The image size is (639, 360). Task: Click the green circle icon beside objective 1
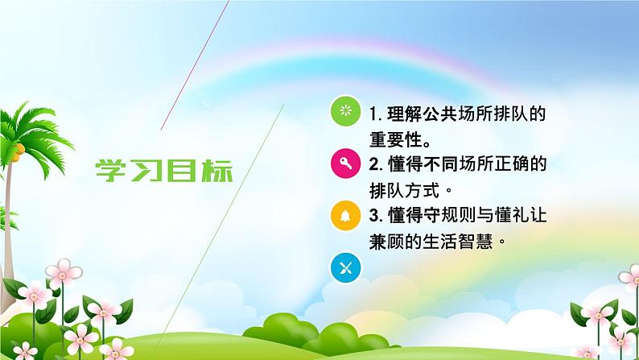346,111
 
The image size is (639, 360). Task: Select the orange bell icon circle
346,215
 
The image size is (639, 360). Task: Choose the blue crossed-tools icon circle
346,267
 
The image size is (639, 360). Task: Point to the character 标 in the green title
216,171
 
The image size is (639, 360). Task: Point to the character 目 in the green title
182,171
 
